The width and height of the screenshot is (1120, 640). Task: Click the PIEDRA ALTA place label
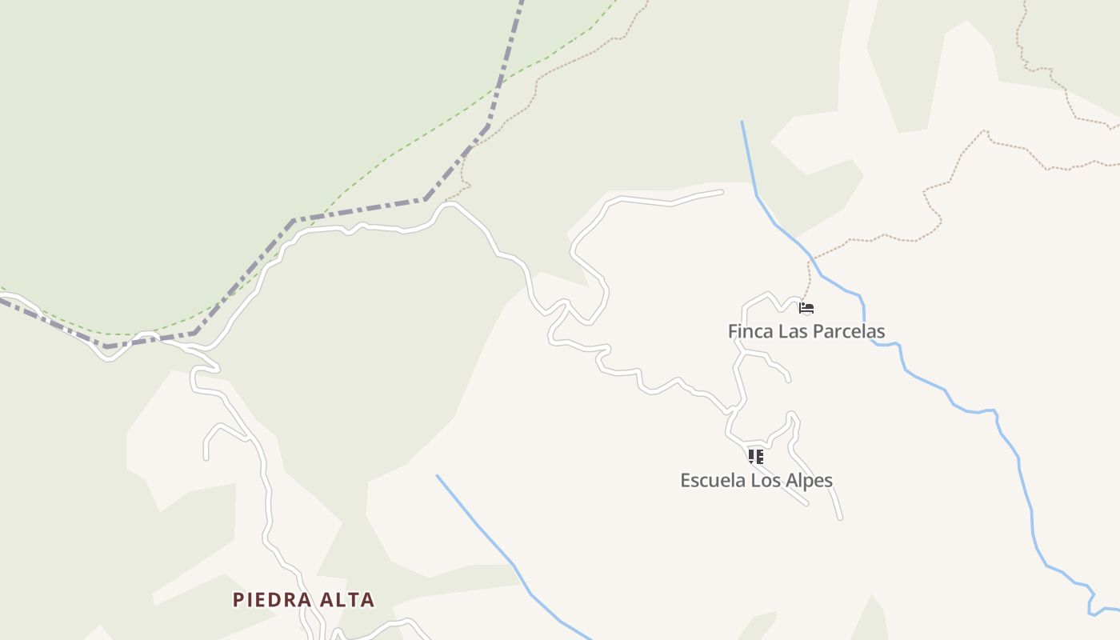click(303, 599)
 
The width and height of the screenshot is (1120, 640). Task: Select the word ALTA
click(346, 599)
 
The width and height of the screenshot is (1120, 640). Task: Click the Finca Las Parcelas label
click(806, 331)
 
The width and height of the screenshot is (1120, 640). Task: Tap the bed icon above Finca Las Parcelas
click(806, 307)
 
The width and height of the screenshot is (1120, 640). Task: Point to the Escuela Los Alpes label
click(756, 481)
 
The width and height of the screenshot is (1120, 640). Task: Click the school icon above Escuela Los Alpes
click(755, 457)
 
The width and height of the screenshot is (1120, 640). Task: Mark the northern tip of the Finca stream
click(742, 122)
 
